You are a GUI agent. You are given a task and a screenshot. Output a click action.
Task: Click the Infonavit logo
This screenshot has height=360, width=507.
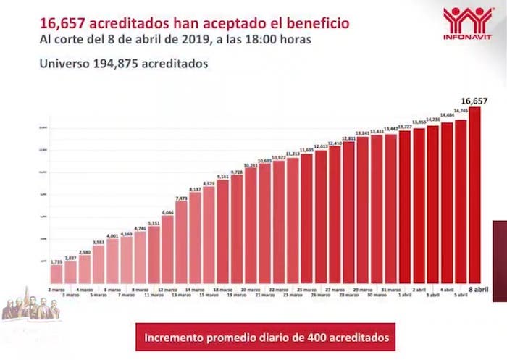pos(467,24)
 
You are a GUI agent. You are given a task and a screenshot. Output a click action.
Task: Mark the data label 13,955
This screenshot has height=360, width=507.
pos(419,122)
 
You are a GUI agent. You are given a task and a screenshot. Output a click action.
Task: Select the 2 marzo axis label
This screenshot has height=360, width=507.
pos(56,289)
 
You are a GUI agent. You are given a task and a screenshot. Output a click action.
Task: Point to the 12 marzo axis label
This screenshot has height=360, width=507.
pos(168,289)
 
